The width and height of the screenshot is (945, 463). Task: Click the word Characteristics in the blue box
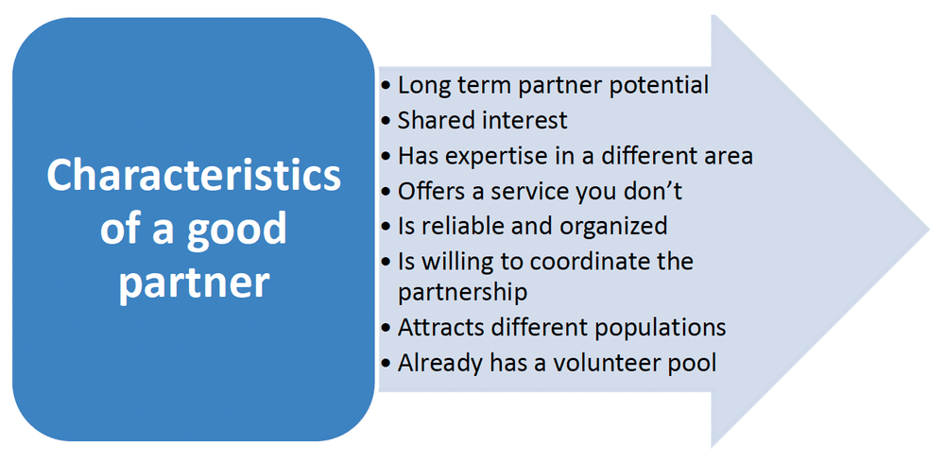194,176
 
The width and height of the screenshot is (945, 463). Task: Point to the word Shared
430,120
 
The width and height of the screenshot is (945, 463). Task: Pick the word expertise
496,156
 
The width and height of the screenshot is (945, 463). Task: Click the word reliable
448,226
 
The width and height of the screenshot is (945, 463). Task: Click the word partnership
462,294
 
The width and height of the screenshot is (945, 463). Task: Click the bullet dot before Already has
386,365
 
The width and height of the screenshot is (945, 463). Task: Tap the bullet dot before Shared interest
386,122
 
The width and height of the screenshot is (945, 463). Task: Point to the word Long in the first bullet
421,86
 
